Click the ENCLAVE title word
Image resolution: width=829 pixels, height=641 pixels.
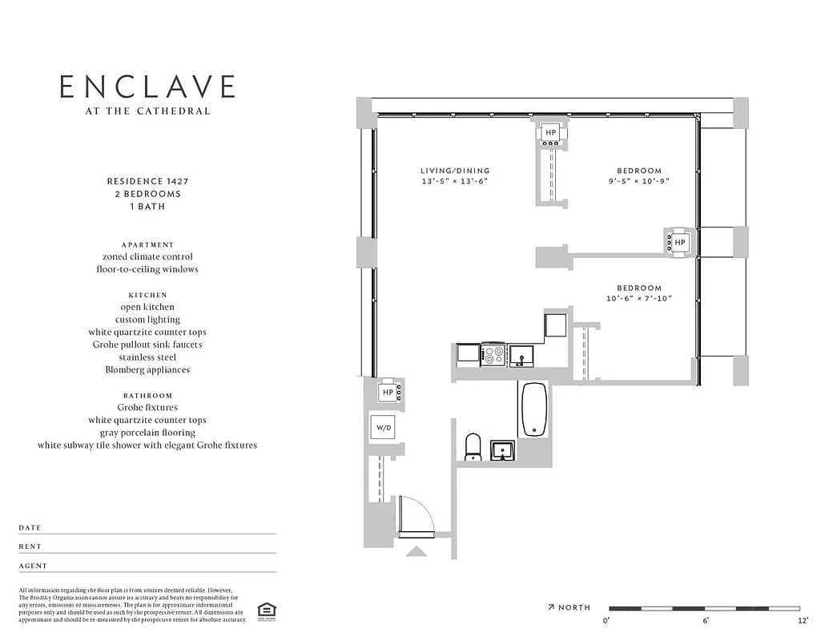147,87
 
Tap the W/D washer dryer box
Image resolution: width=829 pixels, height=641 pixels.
384,429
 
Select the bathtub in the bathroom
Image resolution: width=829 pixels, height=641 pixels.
534,409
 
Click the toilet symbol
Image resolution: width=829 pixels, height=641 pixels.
473,446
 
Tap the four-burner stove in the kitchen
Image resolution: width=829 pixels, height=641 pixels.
493,353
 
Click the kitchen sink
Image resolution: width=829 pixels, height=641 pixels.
521,354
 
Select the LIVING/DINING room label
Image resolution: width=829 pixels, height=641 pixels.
454,171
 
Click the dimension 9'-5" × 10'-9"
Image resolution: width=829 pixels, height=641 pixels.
638,182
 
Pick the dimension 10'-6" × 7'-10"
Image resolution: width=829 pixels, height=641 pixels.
638,299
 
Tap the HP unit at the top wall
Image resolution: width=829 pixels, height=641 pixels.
551,133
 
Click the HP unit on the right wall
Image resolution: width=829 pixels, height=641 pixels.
679,242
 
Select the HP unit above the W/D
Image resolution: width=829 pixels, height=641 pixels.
388,392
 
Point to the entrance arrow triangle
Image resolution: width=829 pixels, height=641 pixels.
417,550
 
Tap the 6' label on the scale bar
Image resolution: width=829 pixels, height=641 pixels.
705,621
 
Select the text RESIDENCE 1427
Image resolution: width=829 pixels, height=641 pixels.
147,182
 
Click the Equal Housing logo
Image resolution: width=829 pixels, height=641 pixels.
264,611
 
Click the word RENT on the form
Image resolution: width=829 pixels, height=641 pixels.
30,546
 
